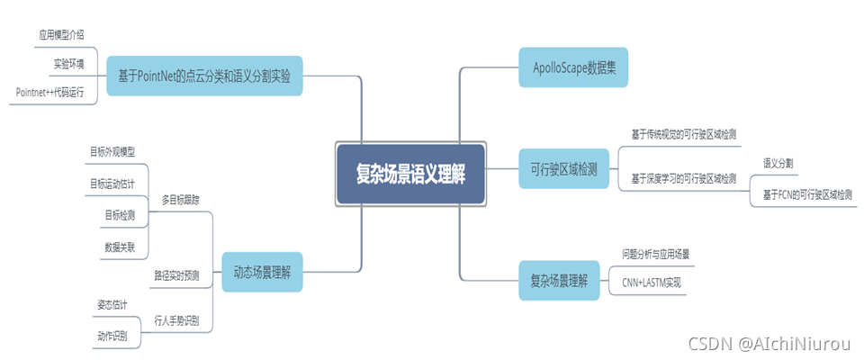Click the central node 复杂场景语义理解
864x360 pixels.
point(410,173)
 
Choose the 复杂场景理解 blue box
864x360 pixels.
point(559,280)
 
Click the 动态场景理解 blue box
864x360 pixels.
point(263,271)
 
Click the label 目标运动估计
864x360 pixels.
point(112,184)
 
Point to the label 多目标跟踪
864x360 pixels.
point(180,199)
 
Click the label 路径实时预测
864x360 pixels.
point(176,275)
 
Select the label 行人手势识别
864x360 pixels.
point(176,319)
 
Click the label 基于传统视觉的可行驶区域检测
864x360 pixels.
point(684,134)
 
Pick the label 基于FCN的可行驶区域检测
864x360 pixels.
point(807,193)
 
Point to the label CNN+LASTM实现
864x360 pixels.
point(652,282)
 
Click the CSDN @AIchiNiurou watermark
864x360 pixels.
point(769,343)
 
